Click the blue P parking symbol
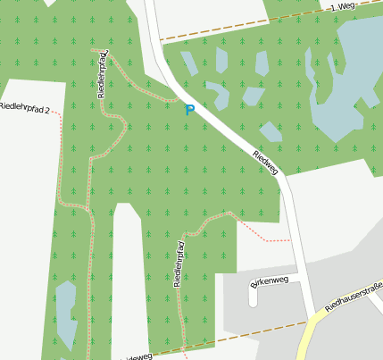(x=188, y=110)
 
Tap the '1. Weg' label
(x=344, y=6)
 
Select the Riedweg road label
(x=266, y=161)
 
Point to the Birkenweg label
(x=270, y=283)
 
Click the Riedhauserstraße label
(x=354, y=296)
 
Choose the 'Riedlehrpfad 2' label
(x=24, y=107)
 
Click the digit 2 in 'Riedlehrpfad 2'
(x=46, y=109)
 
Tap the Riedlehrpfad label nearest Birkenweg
(x=179, y=264)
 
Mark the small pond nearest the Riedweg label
(x=270, y=131)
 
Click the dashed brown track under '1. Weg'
(x=241, y=27)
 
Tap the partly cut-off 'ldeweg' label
(x=134, y=356)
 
